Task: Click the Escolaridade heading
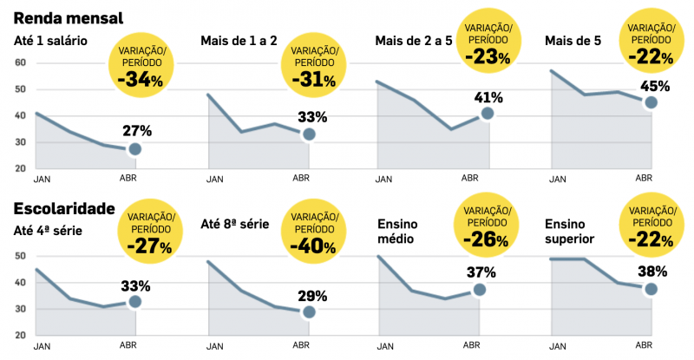pos(64,208)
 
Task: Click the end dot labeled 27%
pos(134,149)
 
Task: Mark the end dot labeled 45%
pos(651,102)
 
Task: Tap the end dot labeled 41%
pos(488,113)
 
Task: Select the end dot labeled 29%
pos(309,312)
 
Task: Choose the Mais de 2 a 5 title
pos(412,41)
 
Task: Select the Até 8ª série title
pos(235,224)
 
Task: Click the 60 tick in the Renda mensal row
pos(20,63)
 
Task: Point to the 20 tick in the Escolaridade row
pos(20,335)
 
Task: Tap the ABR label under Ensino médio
pos(469,346)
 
